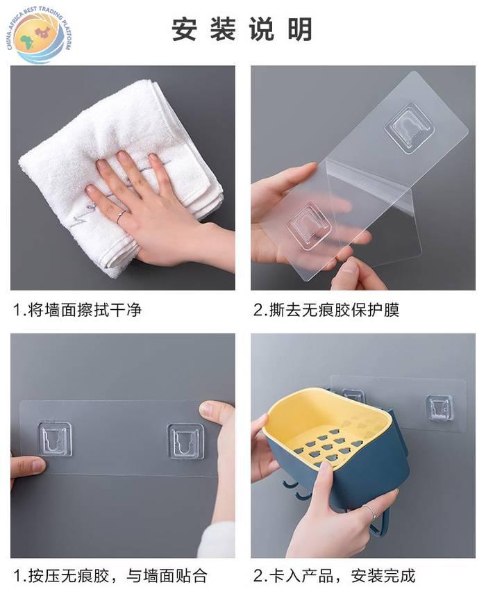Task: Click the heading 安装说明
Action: click(x=242, y=29)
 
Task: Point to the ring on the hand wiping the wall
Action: click(x=120, y=217)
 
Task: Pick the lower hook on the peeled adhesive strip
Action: click(x=308, y=228)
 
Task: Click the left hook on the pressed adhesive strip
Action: click(x=56, y=439)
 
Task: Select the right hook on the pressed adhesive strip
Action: click(x=186, y=441)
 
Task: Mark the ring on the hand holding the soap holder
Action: click(x=369, y=513)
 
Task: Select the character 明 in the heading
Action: click(x=300, y=29)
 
